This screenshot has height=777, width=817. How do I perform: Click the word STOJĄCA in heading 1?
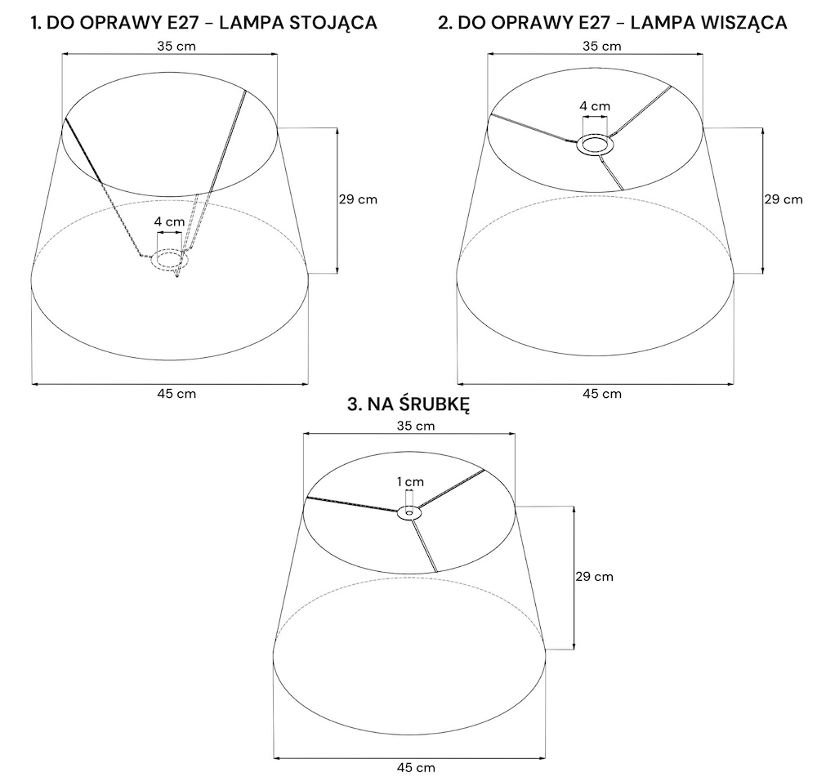tap(333, 23)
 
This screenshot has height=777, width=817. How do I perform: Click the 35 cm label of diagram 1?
tap(176, 47)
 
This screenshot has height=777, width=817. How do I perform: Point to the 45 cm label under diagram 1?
tap(176, 394)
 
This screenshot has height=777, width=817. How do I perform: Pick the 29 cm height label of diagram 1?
tap(358, 199)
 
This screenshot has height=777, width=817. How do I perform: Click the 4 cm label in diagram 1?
tap(169, 221)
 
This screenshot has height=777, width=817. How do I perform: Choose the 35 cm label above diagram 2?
tap(602, 47)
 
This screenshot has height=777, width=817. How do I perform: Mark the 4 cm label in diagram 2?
tap(595, 106)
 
